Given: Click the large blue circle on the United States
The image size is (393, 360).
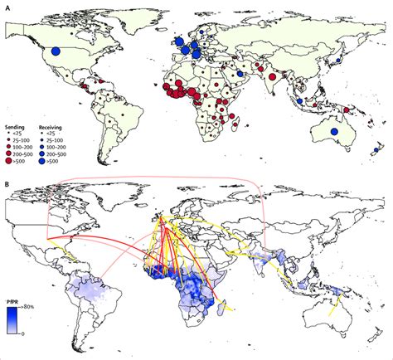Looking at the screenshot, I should (x=56, y=51).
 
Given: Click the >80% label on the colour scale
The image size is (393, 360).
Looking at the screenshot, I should (x=32, y=311).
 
